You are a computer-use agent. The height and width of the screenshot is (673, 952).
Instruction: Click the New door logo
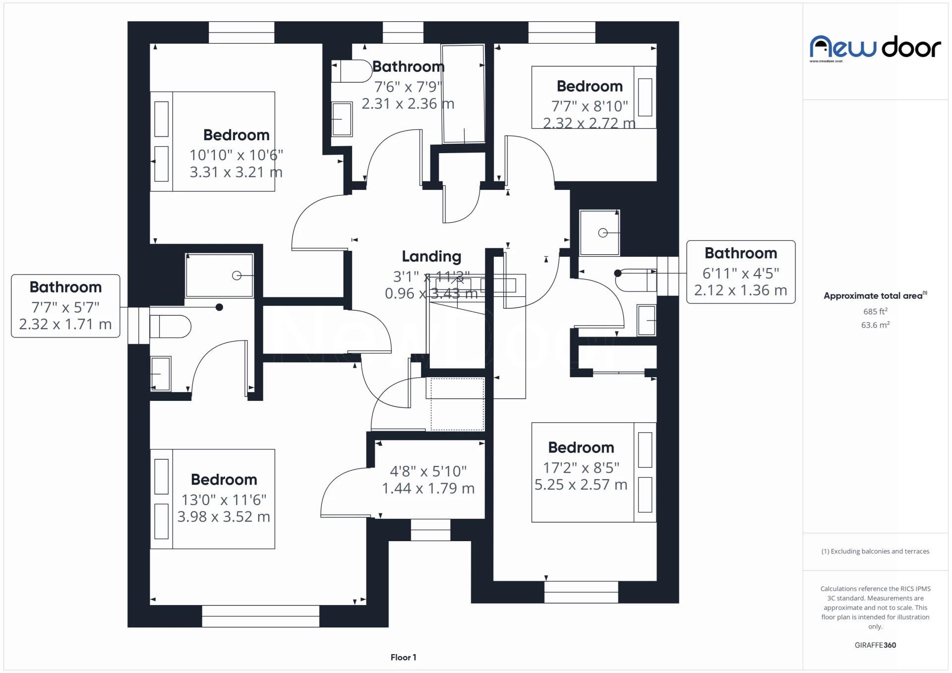(875, 48)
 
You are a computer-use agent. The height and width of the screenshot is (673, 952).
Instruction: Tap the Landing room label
(431, 256)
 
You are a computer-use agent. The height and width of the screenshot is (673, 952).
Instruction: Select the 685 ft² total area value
(875, 311)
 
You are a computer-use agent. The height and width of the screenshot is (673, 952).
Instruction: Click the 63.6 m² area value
(875, 325)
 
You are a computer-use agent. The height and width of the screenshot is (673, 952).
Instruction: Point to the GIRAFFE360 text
(875, 645)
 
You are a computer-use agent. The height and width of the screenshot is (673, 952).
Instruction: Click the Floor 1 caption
(403, 657)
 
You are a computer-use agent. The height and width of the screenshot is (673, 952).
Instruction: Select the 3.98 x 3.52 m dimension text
(224, 516)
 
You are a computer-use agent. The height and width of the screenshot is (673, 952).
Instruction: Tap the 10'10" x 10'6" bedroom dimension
(236, 155)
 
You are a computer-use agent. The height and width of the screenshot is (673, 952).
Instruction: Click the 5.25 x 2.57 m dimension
(581, 484)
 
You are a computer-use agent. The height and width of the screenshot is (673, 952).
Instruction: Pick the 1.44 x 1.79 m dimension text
(428, 488)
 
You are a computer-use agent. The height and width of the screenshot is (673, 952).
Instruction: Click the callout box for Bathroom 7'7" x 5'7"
(65, 306)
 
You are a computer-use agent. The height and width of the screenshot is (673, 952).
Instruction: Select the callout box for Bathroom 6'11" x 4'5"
(740, 272)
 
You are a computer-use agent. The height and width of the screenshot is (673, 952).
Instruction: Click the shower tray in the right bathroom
(599, 232)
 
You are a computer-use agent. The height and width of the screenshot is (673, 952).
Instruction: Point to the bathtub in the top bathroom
(463, 94)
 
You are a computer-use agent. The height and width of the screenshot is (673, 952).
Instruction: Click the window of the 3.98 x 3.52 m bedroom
(260, 616)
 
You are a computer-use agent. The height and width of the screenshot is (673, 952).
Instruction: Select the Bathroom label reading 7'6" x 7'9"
(408, 66)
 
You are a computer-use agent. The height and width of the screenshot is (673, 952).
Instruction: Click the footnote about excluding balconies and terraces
(875, 551)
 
